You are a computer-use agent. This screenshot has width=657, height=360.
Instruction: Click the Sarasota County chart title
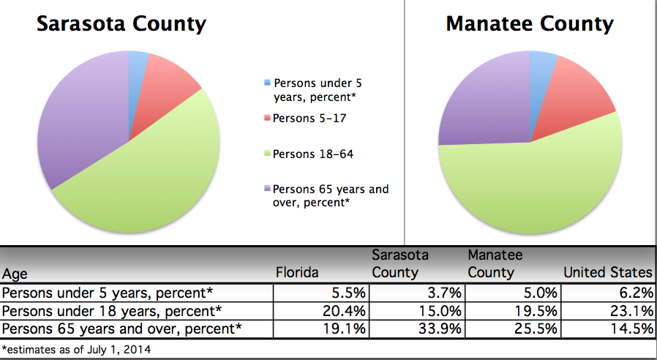(x=121, y=25)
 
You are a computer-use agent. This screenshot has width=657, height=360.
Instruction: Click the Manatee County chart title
(x=530, y=25)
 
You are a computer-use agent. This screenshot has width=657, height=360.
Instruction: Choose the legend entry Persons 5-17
(x=305, y=118)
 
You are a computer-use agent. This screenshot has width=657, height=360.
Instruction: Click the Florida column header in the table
(x=297, y=273)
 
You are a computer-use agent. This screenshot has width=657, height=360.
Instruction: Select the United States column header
(x=607, y=273)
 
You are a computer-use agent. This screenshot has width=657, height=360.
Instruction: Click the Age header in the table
(x=17, y=274)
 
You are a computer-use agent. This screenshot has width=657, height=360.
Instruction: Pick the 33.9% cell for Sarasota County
(x=441, y=329)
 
